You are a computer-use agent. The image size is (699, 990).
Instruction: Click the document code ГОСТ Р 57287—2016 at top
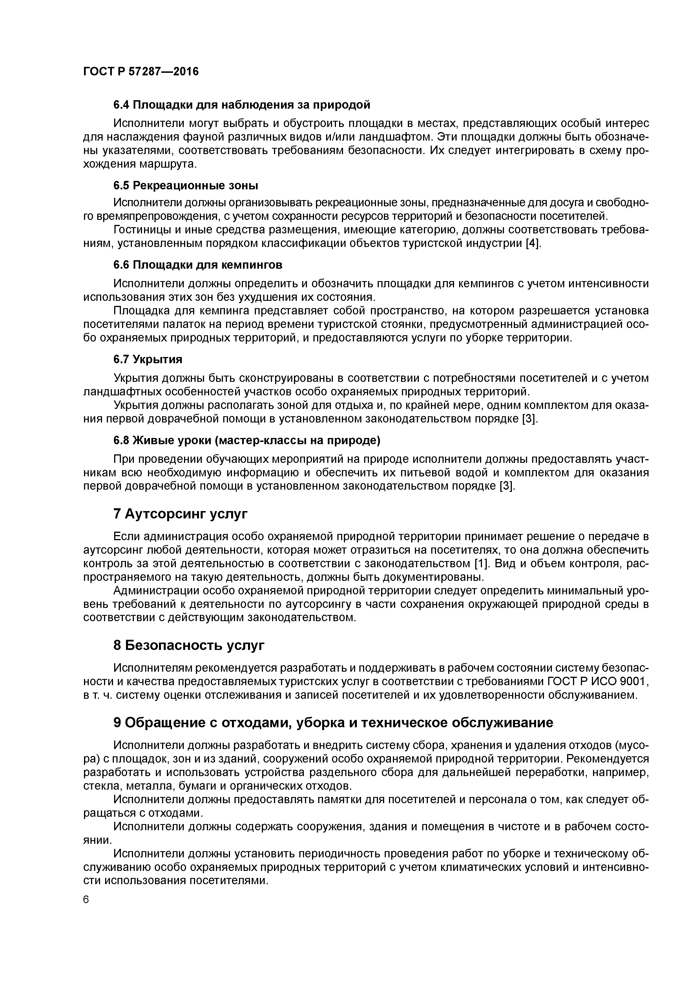pyautogui.click(x=141, y=72)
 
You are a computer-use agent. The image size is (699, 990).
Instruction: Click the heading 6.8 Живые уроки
pyautogui.click(x=247, y=440)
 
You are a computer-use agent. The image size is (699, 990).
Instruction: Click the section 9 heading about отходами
pyautogui.click(x=333, y=723)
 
